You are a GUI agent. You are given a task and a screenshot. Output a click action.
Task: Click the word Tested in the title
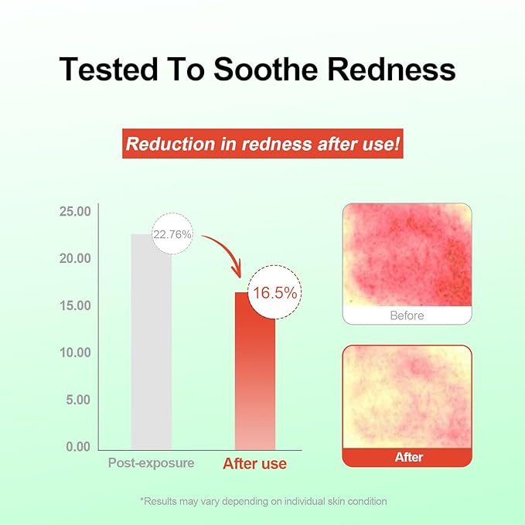[108, 69]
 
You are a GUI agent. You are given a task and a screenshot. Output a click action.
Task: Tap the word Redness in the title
[391, 69]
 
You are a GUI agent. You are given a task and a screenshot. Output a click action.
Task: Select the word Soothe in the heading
[265, 69]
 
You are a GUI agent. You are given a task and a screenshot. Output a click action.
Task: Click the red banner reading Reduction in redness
[263, 144]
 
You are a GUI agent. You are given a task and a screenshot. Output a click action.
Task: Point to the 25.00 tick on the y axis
[75, 212]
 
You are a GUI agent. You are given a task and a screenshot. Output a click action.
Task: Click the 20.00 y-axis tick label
[75, 258]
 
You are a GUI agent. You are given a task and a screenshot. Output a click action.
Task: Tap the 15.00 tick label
[75, 305]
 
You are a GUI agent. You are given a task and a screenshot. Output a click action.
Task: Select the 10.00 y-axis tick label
[75, 353]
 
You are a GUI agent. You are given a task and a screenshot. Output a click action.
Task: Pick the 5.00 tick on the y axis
[78, 400]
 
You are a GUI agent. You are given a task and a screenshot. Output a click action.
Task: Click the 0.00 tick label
[78, 447]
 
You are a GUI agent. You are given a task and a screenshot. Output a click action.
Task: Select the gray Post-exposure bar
[152, 342]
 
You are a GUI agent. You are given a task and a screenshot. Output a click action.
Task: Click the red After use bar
[255, 371]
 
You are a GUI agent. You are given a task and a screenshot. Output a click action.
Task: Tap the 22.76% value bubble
[172, 234]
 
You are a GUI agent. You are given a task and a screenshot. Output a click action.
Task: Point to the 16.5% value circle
[274, 292]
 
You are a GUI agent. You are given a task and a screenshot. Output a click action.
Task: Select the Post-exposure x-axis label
[151, 463]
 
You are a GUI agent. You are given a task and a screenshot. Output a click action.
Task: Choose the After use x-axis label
[255, 464]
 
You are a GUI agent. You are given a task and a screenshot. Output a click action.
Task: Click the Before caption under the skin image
[407, 315]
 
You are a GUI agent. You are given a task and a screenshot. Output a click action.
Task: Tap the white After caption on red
[409, 457]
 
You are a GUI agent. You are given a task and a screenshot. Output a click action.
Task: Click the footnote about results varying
[264, 501]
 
